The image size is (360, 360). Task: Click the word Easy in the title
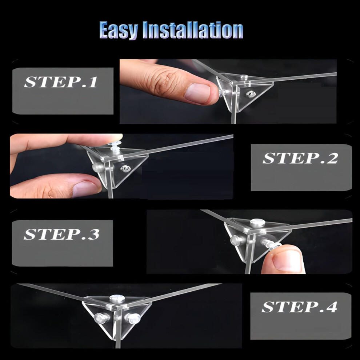click(x=119, y=30)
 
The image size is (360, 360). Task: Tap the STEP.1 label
click(x=61, y=82)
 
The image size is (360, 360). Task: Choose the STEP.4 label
click(x=299, y=307)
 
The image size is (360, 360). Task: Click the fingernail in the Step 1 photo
click(x=197, y=93)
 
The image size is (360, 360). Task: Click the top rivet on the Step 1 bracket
click(x=243, y=76)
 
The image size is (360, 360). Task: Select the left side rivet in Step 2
click(x=97, y=167)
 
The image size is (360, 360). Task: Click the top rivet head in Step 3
click(x=257, y=222)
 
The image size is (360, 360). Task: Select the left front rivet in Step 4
click(x=101, y=318)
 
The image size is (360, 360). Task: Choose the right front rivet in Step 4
click(x=132, y=317)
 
